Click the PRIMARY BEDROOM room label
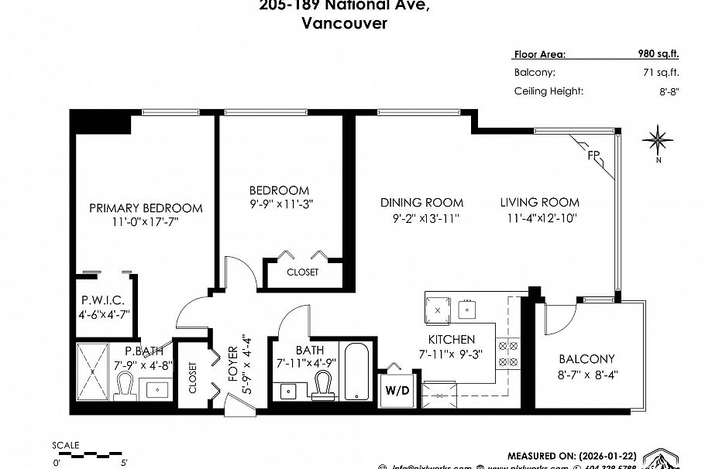146,207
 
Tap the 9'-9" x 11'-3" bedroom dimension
280,205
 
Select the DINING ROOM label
421,202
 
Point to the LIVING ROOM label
539,202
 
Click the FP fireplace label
594,156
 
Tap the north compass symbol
657,140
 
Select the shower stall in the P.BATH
93,372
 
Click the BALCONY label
586,359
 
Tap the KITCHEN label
452,339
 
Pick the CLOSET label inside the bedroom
302,272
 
